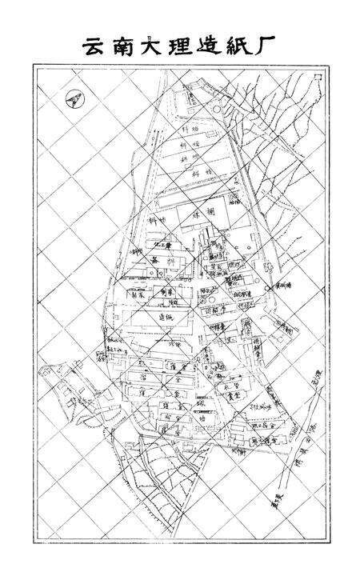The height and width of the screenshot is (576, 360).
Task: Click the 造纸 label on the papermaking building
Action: pyautogui.click(x=166, y=318)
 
